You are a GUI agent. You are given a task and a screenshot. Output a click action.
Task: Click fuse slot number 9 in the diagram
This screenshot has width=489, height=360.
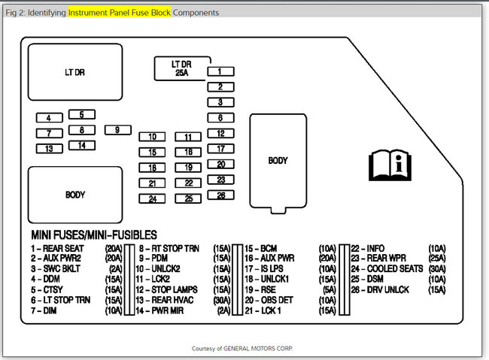[x=117, y=130]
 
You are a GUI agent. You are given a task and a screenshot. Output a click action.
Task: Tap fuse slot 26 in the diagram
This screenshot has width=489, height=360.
[x=220, y=195]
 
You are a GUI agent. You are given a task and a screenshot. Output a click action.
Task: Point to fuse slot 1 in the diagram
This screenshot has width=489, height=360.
[x=220, y=71]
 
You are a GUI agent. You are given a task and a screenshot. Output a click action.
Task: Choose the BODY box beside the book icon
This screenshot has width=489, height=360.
[x=278, y=160]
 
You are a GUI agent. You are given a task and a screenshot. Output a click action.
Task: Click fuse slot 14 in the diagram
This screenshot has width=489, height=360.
[x=81, y=145]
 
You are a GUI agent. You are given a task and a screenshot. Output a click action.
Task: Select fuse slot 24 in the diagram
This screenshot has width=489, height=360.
[x=153, y=199]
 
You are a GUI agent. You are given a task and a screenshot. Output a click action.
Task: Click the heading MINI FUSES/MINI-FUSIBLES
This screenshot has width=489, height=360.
[x=93, y=235]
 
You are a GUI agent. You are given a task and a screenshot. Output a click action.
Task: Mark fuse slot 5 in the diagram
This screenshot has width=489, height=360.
[x=81, y=115]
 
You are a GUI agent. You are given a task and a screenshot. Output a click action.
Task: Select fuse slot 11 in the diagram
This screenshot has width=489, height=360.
[x=188, y=137]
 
